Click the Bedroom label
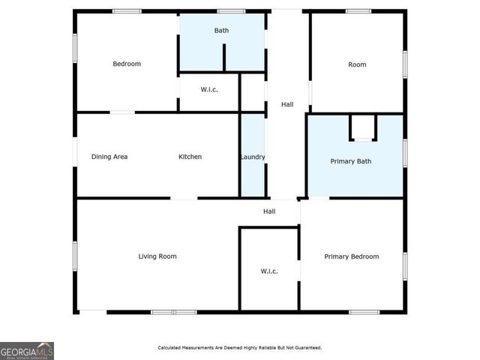tap(127, 64)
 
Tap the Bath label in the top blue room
tap(221, 31)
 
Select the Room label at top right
tap(357, 64)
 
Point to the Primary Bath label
tap(351, 161)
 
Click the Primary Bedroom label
tap(351, 256)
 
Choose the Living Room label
tap(157, 256)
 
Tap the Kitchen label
tap(190, 157)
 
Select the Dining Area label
tap(109, 157)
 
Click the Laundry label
tap(253, 157)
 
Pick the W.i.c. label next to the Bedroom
tap(209, 90)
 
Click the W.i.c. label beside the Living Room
tap(269, 271)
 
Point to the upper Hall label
tap(287, 104)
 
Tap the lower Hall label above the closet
tap(269, 211)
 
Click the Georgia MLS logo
tap(27, 350)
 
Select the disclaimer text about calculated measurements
tap(239, 348)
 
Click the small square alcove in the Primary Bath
tap(363, 127)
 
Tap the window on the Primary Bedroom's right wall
tap(405, 266)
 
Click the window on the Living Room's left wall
tap(75, 255)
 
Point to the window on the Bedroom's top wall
tap(127, 11)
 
